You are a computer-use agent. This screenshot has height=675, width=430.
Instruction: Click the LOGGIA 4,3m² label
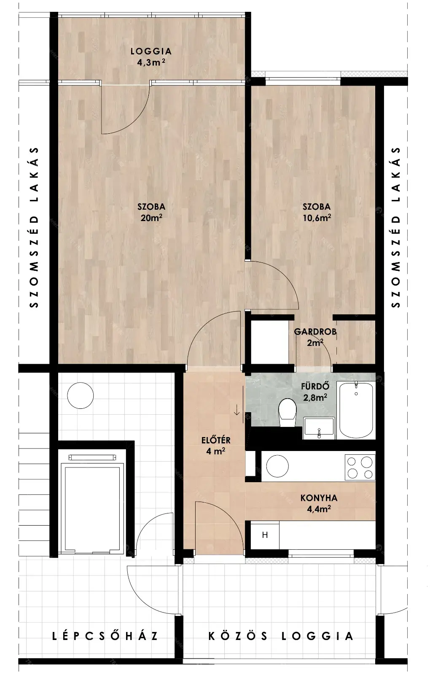click(x=151, y=57)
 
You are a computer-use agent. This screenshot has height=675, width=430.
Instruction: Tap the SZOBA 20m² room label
click(x=151, y=212)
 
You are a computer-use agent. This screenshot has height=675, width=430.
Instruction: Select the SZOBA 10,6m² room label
click(x=317, y=212)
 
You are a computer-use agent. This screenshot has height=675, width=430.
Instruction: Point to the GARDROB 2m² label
click(x=315, y=337)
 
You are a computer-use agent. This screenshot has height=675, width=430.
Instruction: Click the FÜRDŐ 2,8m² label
click(x=315, y=392)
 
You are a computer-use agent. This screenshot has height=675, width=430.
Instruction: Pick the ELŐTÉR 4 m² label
click(x=216, y=445)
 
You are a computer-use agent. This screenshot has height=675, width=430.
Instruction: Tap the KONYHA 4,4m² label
click(x=319, y=503)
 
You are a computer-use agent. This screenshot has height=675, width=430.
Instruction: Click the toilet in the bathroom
click(x=288, y=412)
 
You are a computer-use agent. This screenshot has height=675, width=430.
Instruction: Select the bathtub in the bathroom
click(x=356, y=410)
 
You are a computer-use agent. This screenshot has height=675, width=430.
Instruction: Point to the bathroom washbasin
click(x=319, y=428)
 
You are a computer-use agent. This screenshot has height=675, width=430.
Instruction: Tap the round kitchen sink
click(x=277, y=466)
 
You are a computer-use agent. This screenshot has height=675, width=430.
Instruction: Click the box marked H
click(x=265, y=535)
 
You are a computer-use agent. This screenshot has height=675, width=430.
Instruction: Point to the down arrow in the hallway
click(x=236, y=410)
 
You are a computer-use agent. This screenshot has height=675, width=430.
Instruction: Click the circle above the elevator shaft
click(x=81, y=395)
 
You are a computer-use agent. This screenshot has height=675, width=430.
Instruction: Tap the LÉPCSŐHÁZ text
click(x=105, y=636)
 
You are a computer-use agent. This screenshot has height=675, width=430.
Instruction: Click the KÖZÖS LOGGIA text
click(x=281, y=636)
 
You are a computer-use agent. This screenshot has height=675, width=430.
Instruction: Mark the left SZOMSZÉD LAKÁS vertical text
click(x=34, y=227)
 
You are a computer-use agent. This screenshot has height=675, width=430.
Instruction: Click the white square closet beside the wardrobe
click(x=269, y=342)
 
